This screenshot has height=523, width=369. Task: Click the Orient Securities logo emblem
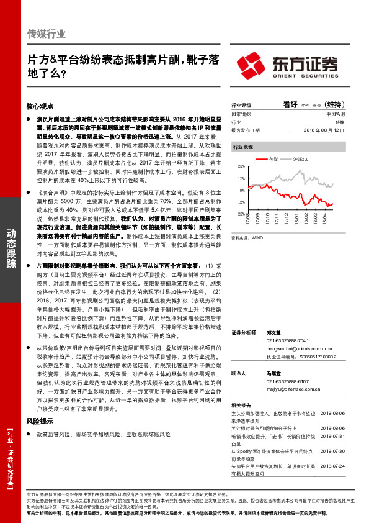[x=251, y=64]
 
